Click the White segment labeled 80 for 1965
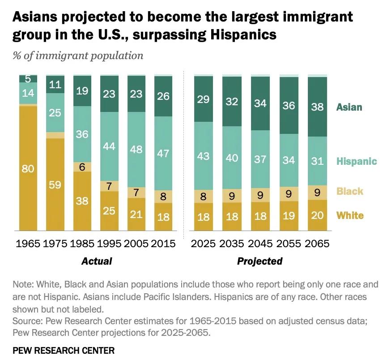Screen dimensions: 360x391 pyautogui.click(x=28, y=169)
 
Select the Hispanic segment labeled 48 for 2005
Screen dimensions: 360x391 pyautogui.click(x=137, y=150)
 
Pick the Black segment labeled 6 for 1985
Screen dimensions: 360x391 pyautogui.click(x=82, y=167)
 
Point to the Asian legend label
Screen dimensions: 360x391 pyautogui.click(x=349, y=107)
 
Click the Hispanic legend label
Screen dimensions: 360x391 pyautogui.click(x=357, y=161)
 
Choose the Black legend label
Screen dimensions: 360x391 pyautogui.click(x=350, y=191)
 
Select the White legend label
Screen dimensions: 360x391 pyautogui.click(x=350, y=215)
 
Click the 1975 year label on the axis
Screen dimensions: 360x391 pyautogui.click(x=55, y=244)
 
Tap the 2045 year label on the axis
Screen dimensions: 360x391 pyautogui.click(x=260, y=244)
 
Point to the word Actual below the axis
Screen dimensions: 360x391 pyautogui.click(x=97, y=261)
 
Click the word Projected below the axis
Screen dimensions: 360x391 pyautogui.click(x=260, y=261)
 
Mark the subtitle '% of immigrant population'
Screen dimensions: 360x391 pyautogui.click(x=78, y=56)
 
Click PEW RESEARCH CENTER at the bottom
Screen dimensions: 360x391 pyautogui.click(x=64, y=350)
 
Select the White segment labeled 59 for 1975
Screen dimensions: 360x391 pyautogui.click(x=55, y=184)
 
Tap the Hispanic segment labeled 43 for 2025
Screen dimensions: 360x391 pyautogui.click(x=203, y=155)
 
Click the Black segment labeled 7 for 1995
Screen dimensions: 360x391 pyautogui.click(x=110, y=185)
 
